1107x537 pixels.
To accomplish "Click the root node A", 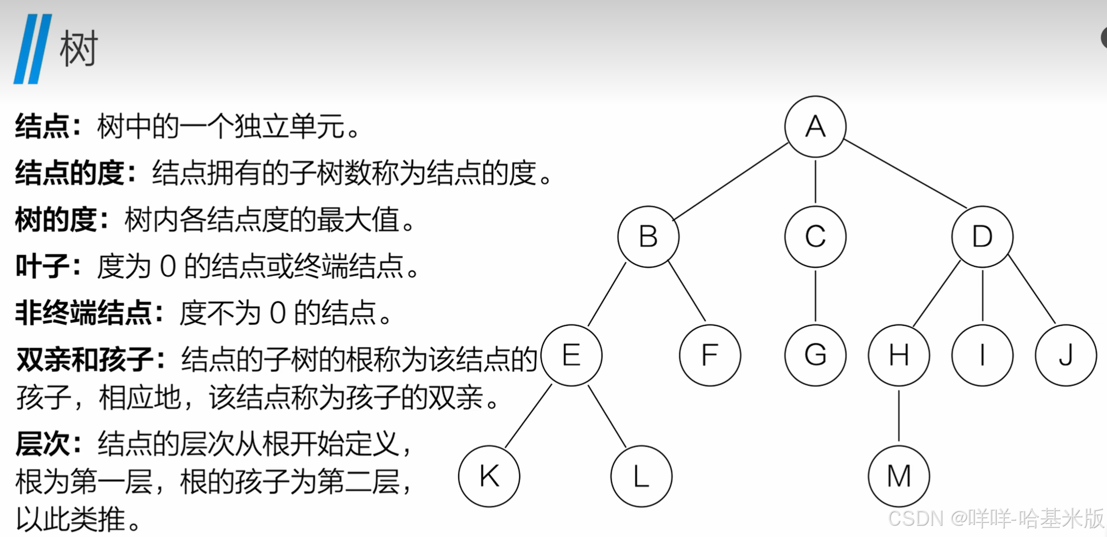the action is (815, 127).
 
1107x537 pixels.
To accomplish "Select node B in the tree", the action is (648, 237).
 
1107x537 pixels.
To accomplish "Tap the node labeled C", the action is (815, 237).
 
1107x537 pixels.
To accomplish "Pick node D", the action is (982, 237).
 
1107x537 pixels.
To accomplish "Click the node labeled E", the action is (572, 355).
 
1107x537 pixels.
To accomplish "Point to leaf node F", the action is (710, 355).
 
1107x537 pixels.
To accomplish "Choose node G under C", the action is (815, 355).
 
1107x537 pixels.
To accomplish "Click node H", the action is (899, 355).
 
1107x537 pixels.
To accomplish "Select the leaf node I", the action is (982, 355).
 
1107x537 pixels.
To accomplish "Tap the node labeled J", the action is (1065, 355).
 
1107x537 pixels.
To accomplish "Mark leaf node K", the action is (489, 476).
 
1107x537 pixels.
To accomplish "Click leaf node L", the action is (641, 476).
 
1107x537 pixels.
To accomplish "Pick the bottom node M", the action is (899, 476).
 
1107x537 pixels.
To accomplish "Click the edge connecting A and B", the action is (731, 182).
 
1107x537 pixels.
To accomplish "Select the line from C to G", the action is (815, 296).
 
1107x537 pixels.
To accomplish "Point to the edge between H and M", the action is (899, 416).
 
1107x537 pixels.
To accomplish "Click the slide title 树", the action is (78, 49).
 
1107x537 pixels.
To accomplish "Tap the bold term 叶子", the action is (43, 266).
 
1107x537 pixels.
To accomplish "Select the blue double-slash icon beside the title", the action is (33, 49).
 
